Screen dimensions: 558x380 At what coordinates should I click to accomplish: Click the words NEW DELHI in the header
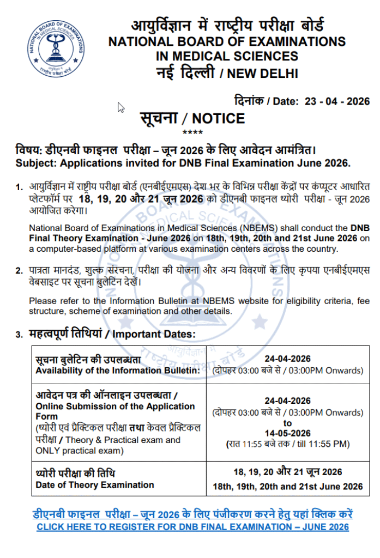coord(263,73)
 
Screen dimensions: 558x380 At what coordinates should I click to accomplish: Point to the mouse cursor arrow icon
coord(121,107)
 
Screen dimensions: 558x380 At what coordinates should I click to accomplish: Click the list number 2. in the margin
coord(19,270)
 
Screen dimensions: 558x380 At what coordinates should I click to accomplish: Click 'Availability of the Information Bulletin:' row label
coord(118,371)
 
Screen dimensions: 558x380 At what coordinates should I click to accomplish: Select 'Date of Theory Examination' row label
coord(95,484)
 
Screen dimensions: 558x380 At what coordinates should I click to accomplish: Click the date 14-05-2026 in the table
coord(287,433)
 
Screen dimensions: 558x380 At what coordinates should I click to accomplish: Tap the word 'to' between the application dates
coord(288,423)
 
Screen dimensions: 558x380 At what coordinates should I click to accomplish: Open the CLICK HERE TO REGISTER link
coord(192,527)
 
